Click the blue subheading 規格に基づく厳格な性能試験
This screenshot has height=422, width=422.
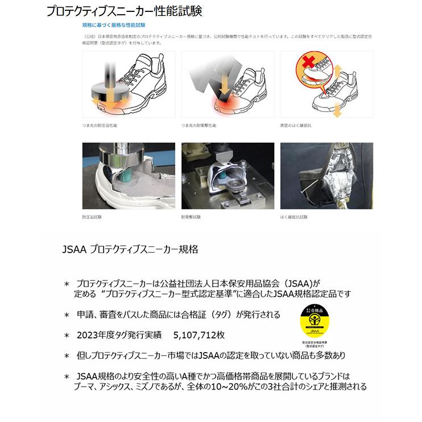pos(113,26)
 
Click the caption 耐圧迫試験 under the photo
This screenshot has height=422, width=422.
pos(92,217)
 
